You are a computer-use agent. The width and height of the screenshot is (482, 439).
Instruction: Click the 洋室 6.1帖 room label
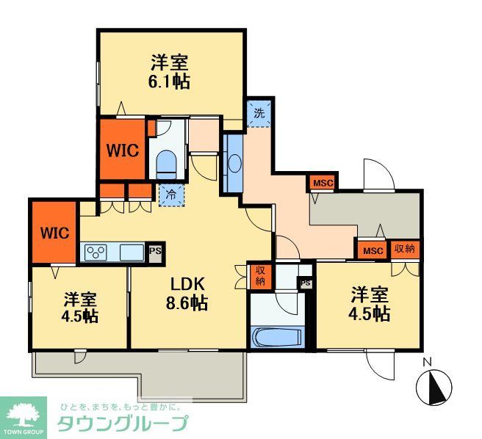pyautogui.click(x=170, y=71)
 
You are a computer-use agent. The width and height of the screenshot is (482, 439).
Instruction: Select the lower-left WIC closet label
pyautogui.click(x=55, y=233)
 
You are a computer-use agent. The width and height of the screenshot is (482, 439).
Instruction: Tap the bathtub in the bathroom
pyautogui.click(x=276, y=338)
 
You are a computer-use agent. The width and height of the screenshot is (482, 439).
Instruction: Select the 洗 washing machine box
pyautogui.click(x=259, y=114)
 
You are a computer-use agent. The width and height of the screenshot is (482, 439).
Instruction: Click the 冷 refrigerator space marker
pyautogui.click(x=169, y=196)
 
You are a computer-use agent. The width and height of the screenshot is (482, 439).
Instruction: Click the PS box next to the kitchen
pyautogui.click(x=155, y=251)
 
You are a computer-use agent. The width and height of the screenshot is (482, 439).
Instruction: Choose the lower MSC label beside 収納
pyautogui.click(x=373, y=250)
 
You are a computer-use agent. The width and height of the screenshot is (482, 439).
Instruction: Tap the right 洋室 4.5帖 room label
pyautogui.click(x=370, y=305)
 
